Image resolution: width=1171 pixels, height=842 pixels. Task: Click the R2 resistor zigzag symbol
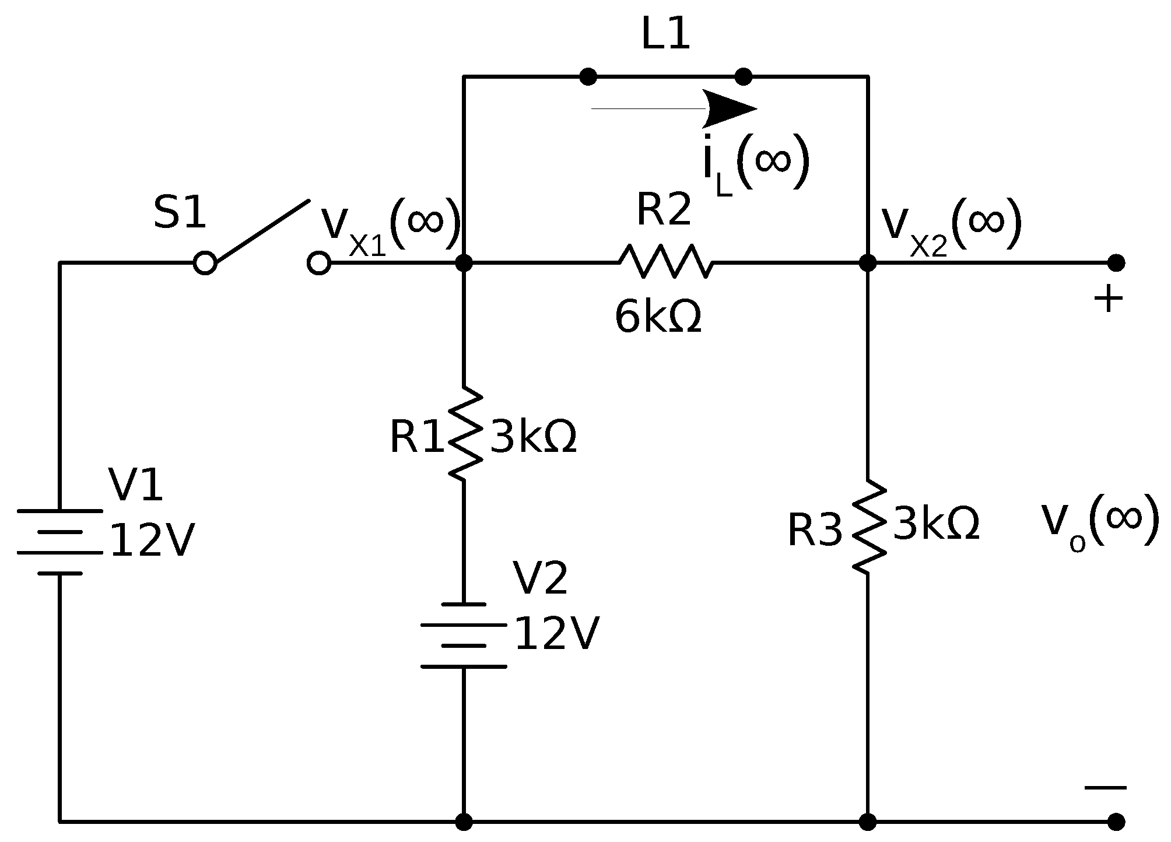[x=665, y=262]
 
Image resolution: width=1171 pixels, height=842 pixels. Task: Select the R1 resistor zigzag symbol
[x=464, y=434]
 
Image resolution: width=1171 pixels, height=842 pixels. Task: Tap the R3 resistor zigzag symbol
[x=868, y=527]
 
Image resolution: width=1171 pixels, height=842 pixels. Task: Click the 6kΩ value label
[x=658, y=318]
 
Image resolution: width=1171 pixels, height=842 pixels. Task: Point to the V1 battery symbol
[x=60, y=542]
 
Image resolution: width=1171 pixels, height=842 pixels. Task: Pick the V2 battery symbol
[x=464, y=636]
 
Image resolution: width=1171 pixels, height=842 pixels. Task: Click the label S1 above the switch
[x=180, y=213]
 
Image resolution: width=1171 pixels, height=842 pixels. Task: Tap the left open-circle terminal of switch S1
[x=205, y=263]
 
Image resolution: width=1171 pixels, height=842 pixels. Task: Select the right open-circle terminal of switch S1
[x=319, y=263]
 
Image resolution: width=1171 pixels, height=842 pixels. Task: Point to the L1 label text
[x=665, y=35]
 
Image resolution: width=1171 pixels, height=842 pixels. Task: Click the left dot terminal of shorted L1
[x=588, y=76]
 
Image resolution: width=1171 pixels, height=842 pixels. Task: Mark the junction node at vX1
[x=464, y=263]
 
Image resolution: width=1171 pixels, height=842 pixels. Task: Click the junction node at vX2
[x=868, y=263]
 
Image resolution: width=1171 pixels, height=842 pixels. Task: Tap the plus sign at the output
[x=1108, y=300]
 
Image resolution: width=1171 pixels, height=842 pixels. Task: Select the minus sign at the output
[x=1106, y=788]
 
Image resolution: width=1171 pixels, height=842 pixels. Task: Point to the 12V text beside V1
[x=152, y=541]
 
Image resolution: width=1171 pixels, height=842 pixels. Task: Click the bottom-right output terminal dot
[x=1116, y=822]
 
